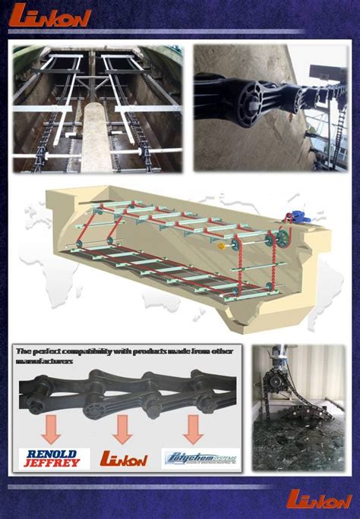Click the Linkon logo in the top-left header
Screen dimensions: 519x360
click(49, 16)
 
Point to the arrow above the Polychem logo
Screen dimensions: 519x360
click(192, 429)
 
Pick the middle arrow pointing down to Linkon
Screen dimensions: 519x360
click(122, 429)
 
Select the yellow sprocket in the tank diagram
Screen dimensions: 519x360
click(221, 246)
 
